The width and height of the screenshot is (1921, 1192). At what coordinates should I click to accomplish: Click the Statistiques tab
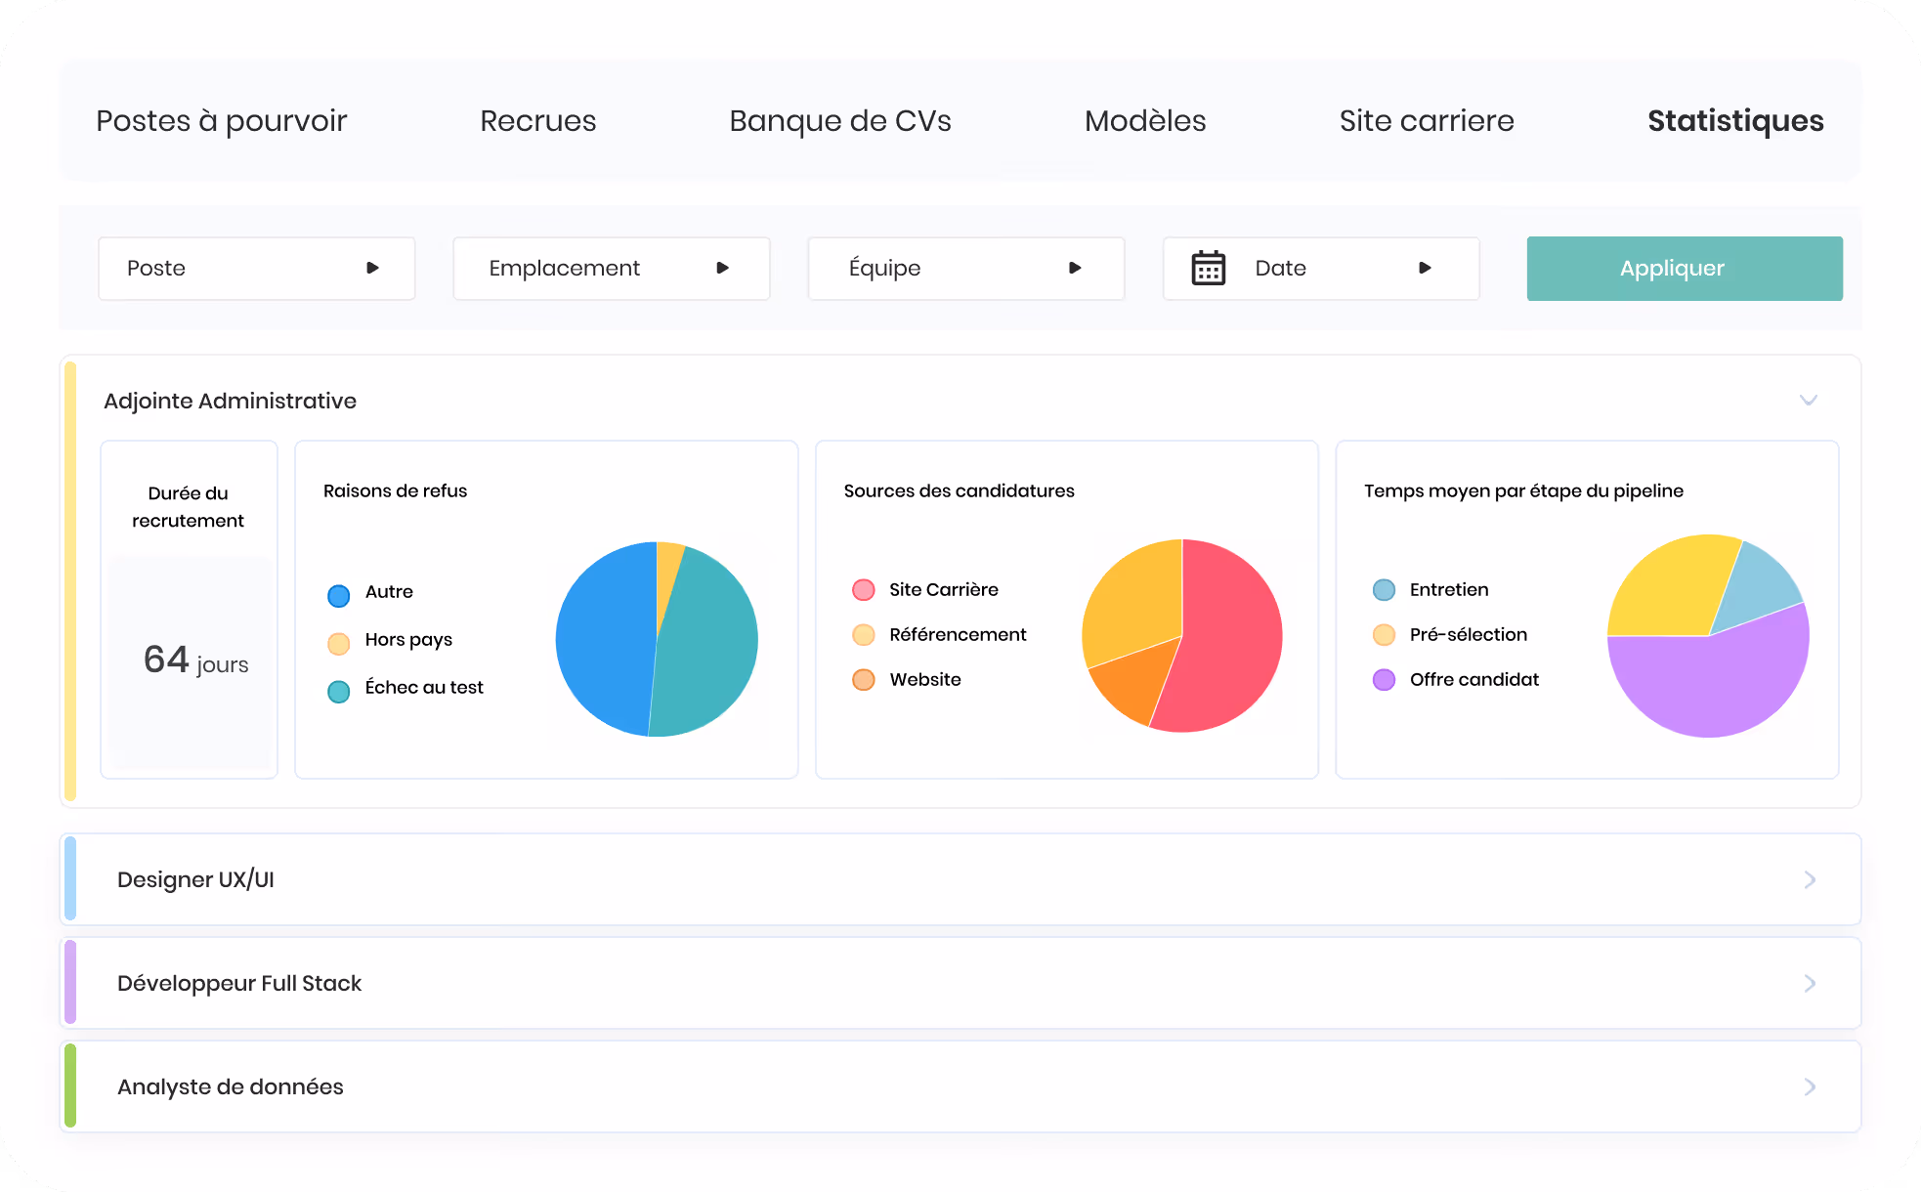(x=1735, y=120)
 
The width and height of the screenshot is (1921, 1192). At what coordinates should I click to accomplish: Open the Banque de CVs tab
(x=840, y=120)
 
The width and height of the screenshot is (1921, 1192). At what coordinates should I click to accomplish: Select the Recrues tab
(x=537, y=120)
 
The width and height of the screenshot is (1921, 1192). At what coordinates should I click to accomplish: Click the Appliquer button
(x=1685, y=269)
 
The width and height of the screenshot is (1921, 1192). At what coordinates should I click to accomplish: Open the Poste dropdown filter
(x=256, y=269)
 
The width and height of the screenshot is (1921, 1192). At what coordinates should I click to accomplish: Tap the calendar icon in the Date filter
(x=1209, y=268)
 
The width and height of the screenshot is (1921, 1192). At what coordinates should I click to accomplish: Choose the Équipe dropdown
(x=965, y=269)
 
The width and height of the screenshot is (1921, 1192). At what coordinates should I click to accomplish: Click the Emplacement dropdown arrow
(x=723, y=268)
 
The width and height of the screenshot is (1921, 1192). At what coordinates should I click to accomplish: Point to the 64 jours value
(x=195, y=660)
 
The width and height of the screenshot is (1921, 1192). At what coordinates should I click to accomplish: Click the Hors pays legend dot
(x=339, y=643)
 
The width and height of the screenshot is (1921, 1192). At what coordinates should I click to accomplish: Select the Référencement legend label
(x=958, y=635)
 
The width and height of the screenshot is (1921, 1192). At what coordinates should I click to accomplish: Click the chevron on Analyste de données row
(x=1810, y=1086)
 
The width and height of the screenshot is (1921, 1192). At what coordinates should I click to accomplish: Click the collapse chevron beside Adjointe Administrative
(x=1809, y=400)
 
